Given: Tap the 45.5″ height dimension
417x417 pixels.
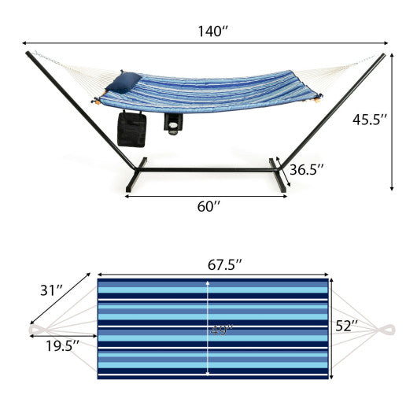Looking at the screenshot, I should [370, 120].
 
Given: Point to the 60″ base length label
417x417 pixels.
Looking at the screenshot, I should [207, 206].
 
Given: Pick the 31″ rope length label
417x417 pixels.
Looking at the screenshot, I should [52, 290].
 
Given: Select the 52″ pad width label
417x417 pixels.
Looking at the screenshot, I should [345, 324].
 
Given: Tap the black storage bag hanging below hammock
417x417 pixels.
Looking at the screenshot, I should [131, 128].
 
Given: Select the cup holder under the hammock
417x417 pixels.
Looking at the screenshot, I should [173, 123].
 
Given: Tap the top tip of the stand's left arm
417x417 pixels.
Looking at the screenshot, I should [29, 54].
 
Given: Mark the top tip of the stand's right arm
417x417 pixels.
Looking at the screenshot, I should [383, 55].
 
